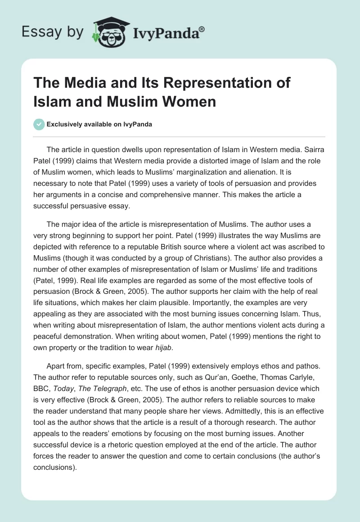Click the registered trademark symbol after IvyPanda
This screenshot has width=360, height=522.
(202, 29)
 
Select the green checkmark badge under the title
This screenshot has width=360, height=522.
(39, 124)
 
